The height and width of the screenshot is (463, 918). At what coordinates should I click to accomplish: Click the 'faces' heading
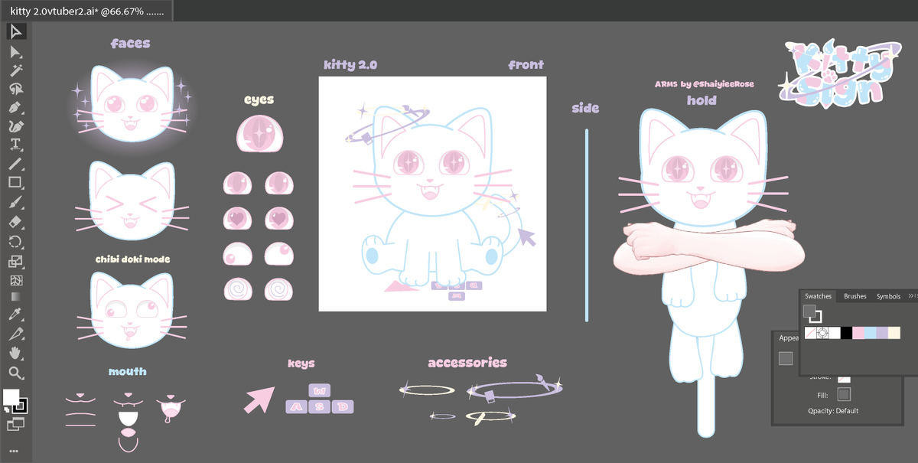pyautogui.click(x=130, y=44)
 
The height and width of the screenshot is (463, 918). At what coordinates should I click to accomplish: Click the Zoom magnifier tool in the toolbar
pyautogui.click(x=15, y=373)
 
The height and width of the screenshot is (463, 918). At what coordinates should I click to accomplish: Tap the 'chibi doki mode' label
pyautogui.click(x=132, y=259)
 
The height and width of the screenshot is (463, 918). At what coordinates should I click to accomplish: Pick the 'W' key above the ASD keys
pyautogui.click(x=320, y=390)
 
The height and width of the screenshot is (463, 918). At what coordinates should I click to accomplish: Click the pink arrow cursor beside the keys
pyautogui.click(x=259, y=399)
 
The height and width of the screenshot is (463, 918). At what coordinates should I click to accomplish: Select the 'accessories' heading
pyautogui.click(x=467, y=362)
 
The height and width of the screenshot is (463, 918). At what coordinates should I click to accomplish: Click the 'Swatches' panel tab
pyautogui.click(x=818, y=296)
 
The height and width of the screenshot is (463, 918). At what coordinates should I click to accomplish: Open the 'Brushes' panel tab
pyautogui.click(x=855, y=296)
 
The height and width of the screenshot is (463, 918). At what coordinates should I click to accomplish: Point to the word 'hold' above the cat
pyautogui.click(x=701, y=100)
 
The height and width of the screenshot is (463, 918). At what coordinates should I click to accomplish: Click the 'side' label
pyautogui.click(x=585, y=108)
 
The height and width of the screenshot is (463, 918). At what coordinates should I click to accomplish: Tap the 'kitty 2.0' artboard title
pyautogui.click(x=350, y=65)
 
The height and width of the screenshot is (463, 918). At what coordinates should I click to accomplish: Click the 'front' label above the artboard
pyautogui.click(x=526, y=65)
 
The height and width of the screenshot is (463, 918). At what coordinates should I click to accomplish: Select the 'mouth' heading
pyautogui.click(x=127, y=371)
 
